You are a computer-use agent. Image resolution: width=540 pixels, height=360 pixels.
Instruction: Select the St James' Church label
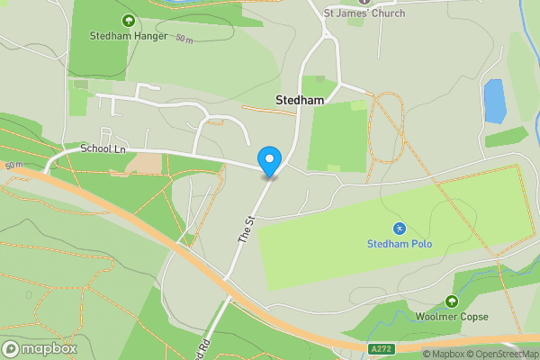point(364,13)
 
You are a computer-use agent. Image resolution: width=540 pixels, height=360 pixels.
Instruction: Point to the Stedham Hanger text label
point(129,36)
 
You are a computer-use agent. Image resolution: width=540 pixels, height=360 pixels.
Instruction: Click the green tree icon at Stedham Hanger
point(128,20)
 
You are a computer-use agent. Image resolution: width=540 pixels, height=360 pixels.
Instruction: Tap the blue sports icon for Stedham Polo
point(399,229)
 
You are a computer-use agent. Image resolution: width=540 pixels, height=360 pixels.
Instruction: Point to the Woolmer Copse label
point(452,317)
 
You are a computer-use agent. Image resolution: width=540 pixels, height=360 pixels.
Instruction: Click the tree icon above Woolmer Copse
point(452,301)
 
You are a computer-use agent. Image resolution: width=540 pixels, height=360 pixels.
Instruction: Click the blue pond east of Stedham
point(494,101)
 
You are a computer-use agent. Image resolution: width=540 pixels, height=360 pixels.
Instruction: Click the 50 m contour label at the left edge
point(13,166)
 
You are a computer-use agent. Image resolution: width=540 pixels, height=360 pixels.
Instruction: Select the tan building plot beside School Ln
point(144,163)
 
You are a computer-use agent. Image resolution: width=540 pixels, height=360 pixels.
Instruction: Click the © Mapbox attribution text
point(443,354)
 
